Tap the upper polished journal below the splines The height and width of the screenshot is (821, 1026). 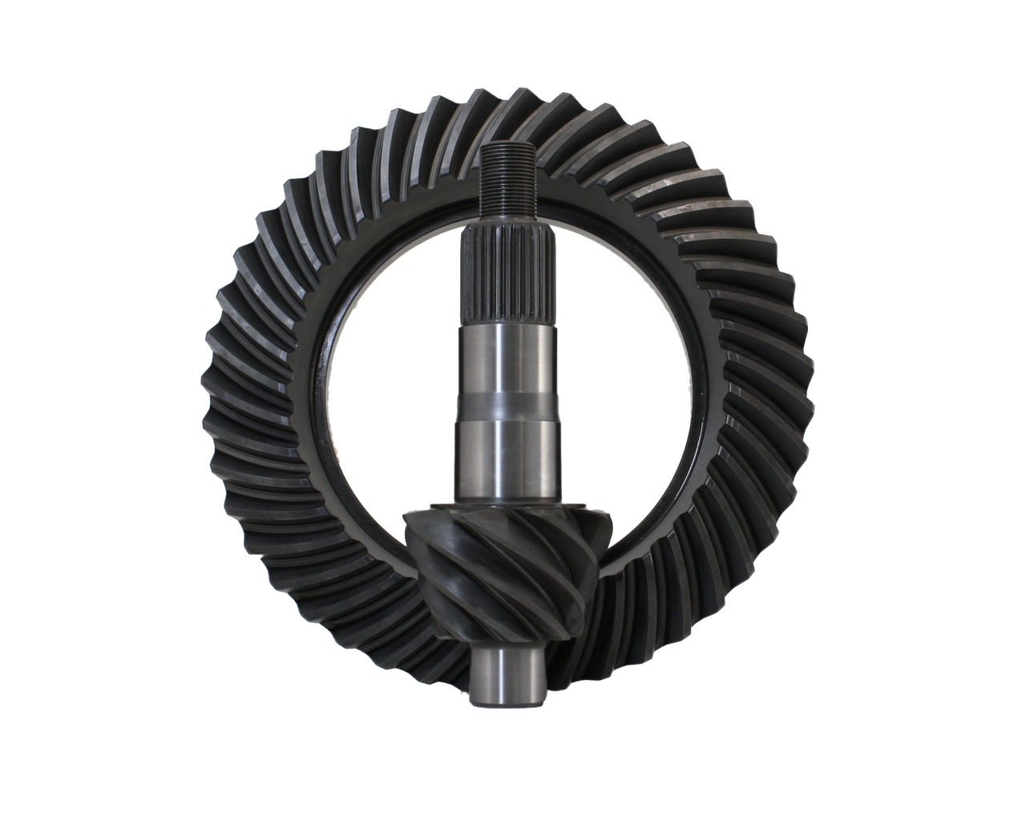(506, 357)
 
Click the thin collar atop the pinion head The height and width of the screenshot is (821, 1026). (507, 507)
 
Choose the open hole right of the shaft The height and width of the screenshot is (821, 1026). (621, 385)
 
